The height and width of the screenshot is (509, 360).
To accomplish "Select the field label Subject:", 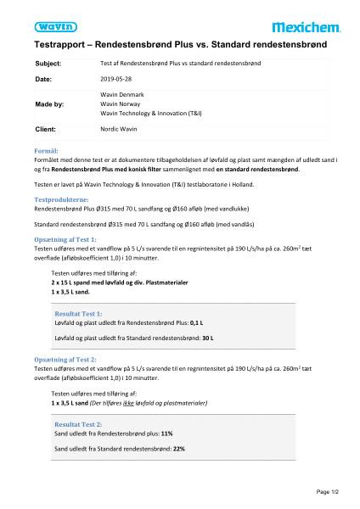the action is click(48, 64).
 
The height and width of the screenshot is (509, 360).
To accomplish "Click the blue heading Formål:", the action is click(45, 149).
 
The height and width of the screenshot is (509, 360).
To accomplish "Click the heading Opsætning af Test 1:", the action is click(65, 239).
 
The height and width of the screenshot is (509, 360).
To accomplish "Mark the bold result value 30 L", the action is click(182, 338).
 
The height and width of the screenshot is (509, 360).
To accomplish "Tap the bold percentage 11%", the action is click(166, 433).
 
